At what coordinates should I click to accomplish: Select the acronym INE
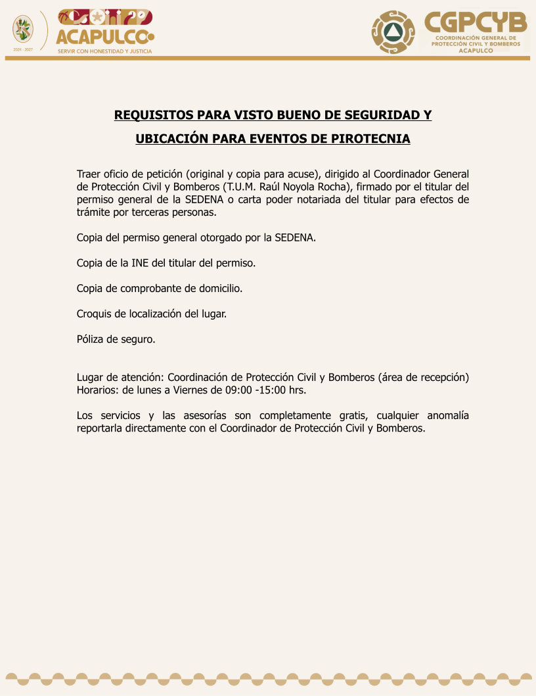point(139,262)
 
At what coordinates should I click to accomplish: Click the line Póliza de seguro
point(116,339)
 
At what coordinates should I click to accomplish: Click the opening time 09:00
point(238,389)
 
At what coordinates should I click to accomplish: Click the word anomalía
point(448,416)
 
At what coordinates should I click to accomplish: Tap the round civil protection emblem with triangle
point(393,32)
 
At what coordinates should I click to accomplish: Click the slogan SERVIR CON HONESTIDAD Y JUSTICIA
point(105,51)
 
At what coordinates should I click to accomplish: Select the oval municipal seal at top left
point(23,29)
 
